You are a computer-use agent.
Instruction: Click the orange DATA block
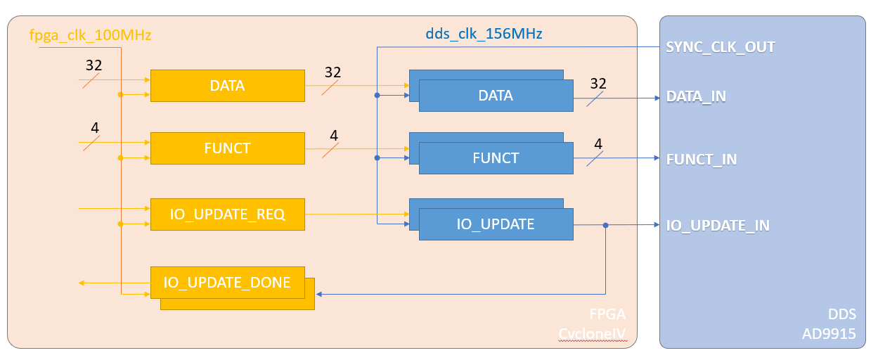coord(227,86)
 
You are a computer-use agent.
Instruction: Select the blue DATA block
coord(496,96)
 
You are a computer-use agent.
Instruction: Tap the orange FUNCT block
coord(227,148)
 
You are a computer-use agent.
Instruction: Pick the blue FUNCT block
coord(496,158)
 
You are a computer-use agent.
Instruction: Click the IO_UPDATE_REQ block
coord(227,214)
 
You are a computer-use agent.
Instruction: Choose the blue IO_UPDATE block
coord(496,224)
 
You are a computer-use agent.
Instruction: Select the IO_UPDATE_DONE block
coord(227,283)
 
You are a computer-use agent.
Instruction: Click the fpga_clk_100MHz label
coord(90,34)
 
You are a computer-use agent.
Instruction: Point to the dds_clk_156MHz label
coord(484,33)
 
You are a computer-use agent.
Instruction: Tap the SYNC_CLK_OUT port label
coord(720,48)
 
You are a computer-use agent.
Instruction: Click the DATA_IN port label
coord(696,96)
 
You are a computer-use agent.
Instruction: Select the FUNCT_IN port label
coord(701,159)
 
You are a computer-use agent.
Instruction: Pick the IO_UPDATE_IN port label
coord(717,226)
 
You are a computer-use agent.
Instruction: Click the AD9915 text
coord(829,335)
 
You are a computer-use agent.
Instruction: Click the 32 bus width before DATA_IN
coord(598,84)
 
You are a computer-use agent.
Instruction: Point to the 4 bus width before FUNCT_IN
coord(598,144)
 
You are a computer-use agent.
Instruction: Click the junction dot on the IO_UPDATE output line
coord(605,226)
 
